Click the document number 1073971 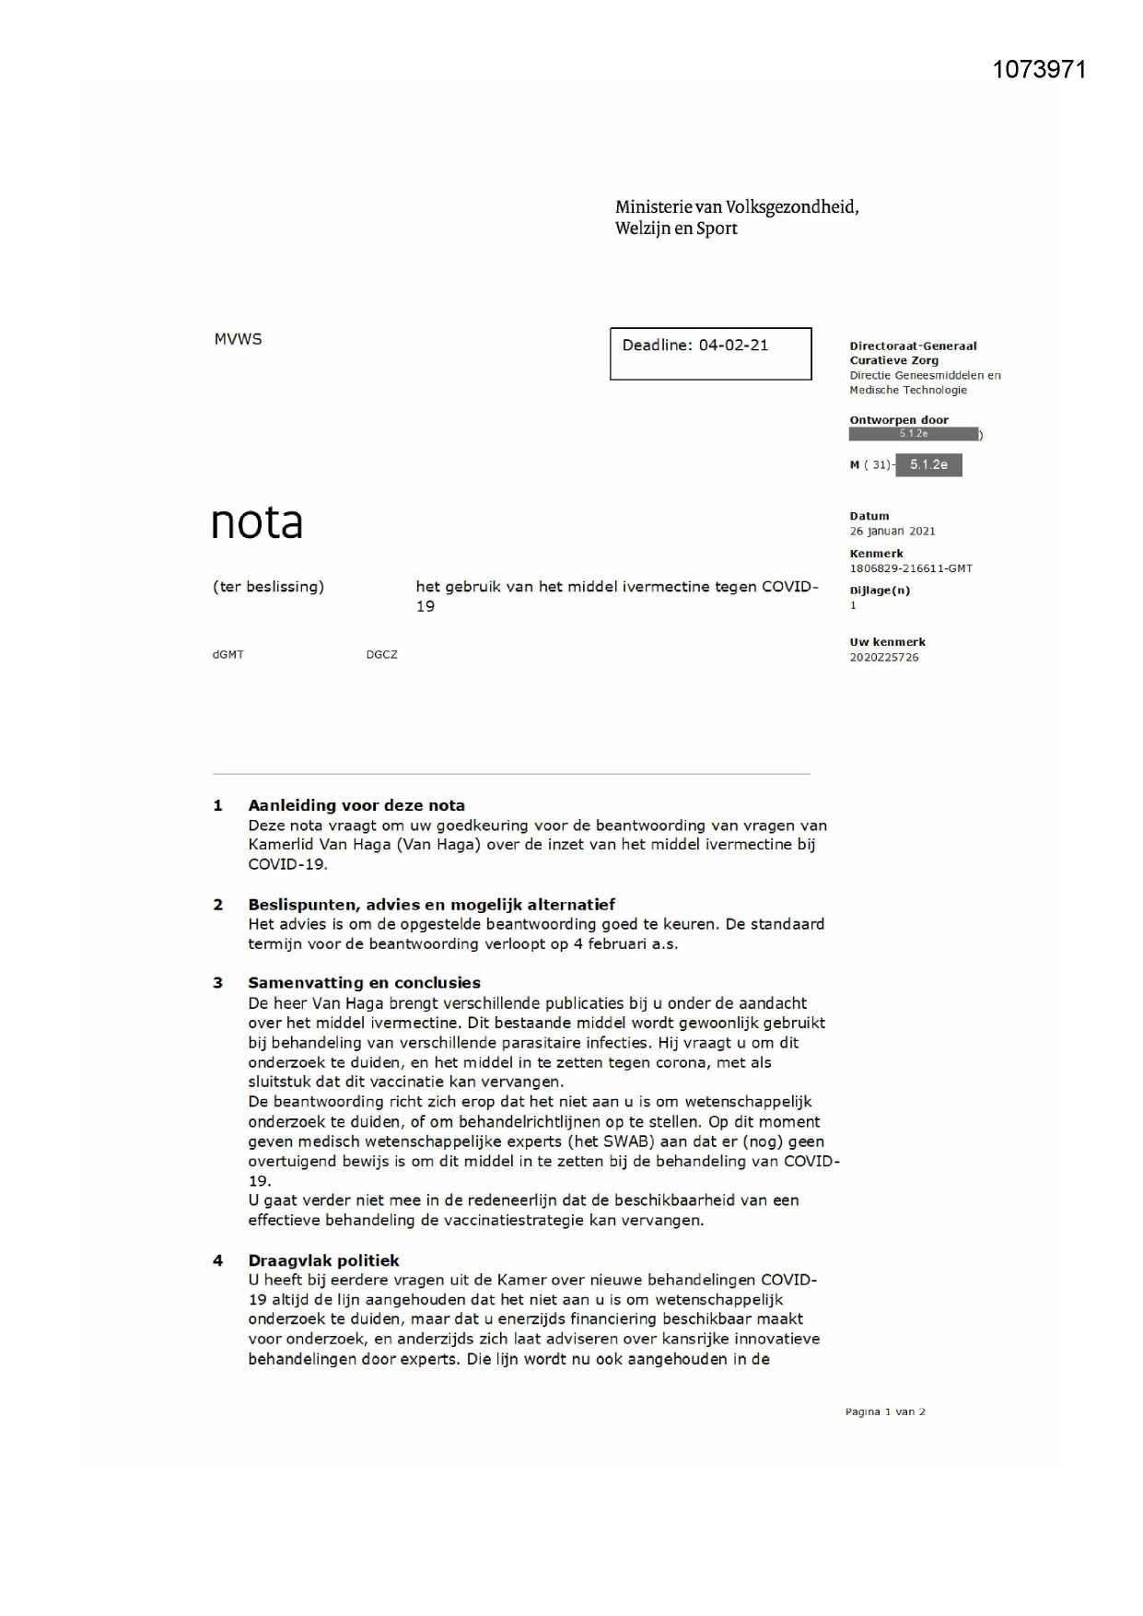coord(1039,70)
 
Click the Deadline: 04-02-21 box coord(710,353)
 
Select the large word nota coord(257,522)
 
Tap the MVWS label coord(238,339)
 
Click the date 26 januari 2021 coord(892,532)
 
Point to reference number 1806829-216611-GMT coord(910,568)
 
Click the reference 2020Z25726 coord(883,658)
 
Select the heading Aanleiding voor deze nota coord(356,805)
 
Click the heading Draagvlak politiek coord(323,1260)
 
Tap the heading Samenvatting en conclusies coord(364,983)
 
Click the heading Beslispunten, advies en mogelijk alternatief coord(431,905)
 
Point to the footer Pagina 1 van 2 coord(884,1411)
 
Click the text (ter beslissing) coord(268,587)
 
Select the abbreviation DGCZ coord(381,655)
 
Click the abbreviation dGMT coord(227,655)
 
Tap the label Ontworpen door coord(898,420)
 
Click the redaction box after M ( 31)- coord(928,465)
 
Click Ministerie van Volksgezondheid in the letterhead coord(737,207)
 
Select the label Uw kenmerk coord(887,642)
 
